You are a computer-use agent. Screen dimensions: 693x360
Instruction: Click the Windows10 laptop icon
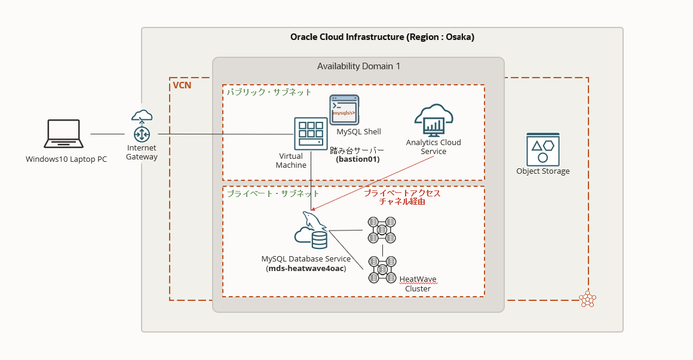pyautogui.click(x=64, y=133)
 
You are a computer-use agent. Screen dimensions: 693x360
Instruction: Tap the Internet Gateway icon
pyautogui.click(x=142, y=127)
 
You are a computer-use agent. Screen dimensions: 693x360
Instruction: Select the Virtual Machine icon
pyautogui.click(x=311, y=134)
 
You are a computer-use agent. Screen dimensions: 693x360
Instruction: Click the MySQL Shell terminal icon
pyautogui.click(x=344, y=110)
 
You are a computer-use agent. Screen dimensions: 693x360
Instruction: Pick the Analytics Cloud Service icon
pyautogui.click(x=434, y=121)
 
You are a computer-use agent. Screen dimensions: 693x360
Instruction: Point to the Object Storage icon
pyautogui.click(x=542, y=149)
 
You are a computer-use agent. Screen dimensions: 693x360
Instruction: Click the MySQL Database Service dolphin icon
pyautogui.click(x=311, y=230)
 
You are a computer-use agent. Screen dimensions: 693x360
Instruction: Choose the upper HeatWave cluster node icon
pyautogui.click(x=382, y=230)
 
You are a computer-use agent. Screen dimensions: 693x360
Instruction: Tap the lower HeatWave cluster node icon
pyautogui.click(x=382, y=269)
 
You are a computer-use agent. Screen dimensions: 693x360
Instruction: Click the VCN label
pyautogui.click(x=182, y=85)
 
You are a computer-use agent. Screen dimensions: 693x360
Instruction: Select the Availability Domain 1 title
pyautogui.click(x=358, y=66)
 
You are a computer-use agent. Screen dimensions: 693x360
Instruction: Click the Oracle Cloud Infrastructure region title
pyautogui.click(x=382, y=37)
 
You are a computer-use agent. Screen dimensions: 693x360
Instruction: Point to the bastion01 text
pyautogui.click(x=357, y=159)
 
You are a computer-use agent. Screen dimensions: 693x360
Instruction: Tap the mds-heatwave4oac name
pyautogui.click(x=306, y=269)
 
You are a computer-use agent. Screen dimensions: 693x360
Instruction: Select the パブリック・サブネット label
pyautogui.click(x=269, y=92)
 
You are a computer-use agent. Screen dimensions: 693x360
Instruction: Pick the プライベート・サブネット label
pyautogui.click(x=272, y=193)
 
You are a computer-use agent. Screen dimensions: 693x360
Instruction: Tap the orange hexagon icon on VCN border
pyautogui.click(x=587, y=299)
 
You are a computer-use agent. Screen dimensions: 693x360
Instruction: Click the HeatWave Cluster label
pyautogui.click(x=418, y=284)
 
